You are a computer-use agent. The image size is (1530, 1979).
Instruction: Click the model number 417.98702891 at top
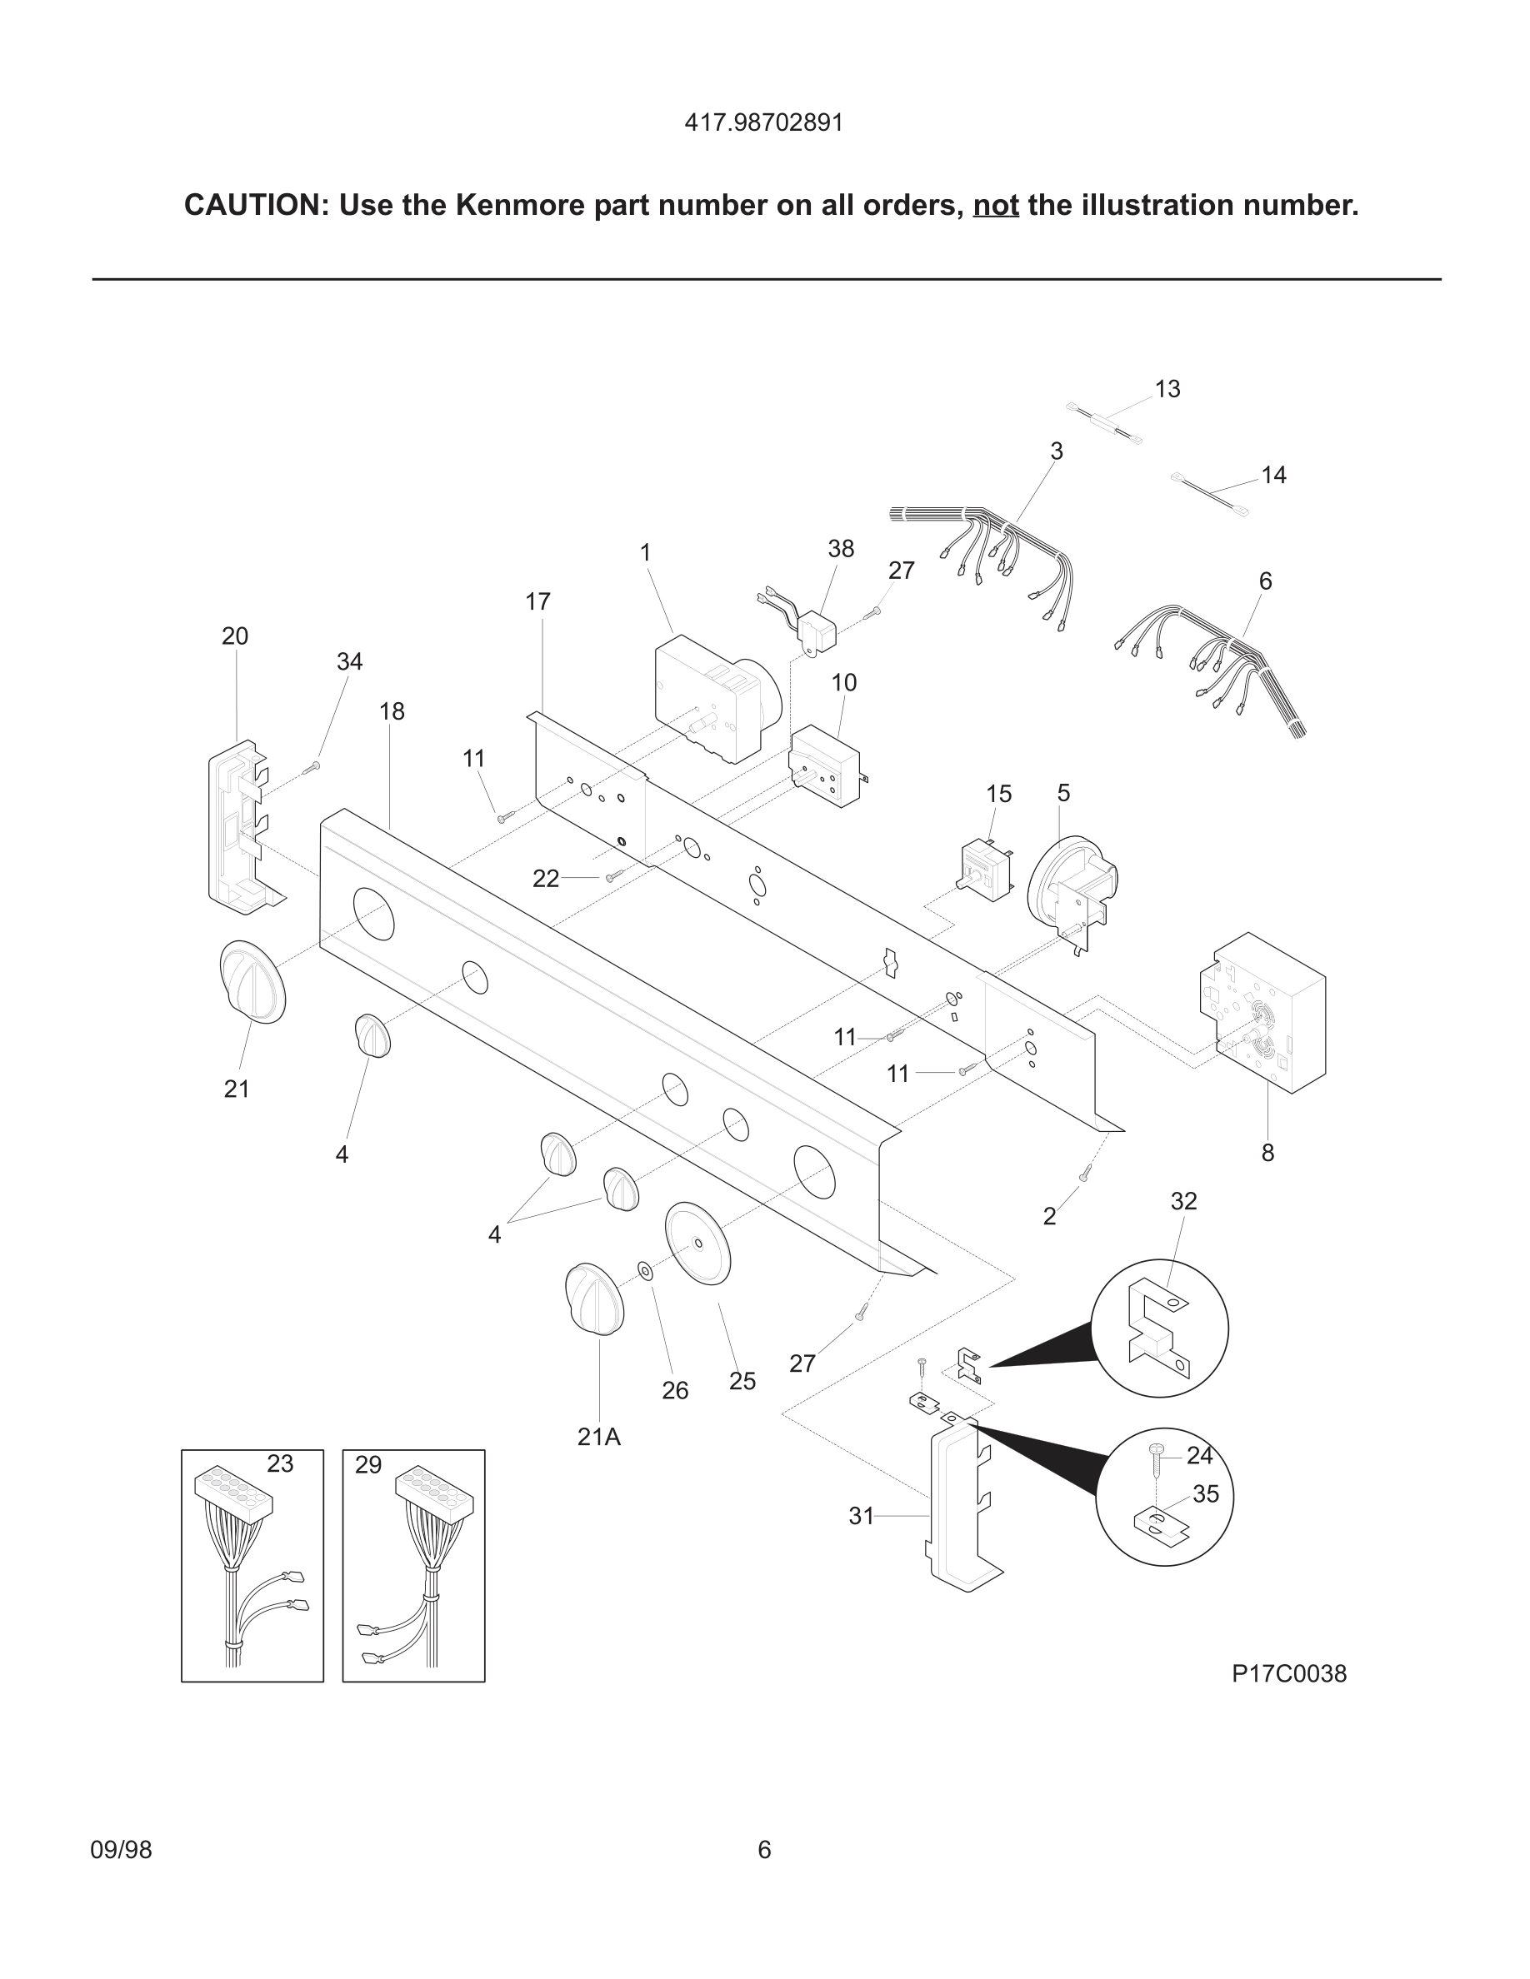pyautogui.click(x=763, y=123)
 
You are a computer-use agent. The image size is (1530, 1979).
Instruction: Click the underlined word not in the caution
pyautogui.click(x=995, y=206)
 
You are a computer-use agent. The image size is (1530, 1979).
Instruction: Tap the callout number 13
pyautogui.click(x=1167, y=389)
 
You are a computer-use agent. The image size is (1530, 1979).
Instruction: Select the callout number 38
pyautogui.click(x=840, y=548)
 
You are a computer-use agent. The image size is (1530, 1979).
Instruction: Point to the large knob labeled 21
pyautogui.click(x=252, y=982)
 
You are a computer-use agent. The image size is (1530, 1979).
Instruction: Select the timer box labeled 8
pyautogui.click(x=1264, y=1013)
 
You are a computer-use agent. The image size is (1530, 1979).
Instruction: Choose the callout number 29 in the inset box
pyautogui.click(x=368, y=1464)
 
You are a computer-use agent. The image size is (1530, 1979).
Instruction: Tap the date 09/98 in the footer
pyautogui.click(x=121, y=1849)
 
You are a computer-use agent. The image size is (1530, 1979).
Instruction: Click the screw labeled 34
pyautogui.click(x=311, y=767)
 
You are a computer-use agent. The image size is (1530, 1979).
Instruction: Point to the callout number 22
pyautogui.click(x=545, y=878)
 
